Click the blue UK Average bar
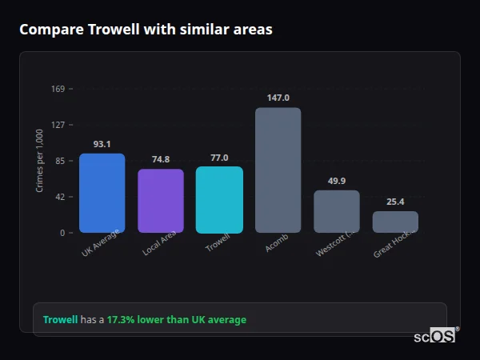pyautogui.click(x=102, y=193)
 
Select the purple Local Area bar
pyautogui.click(x=161, y=201)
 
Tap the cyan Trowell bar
pyautogui.click(x=219, y=199)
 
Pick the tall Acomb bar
pyautogui.click(x=278, y=170)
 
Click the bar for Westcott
pyautogui.click(x=336, y=211)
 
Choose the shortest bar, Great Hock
pyautogui.click(x=395, y=222)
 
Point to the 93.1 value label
pyautogui.click(x=102, y=144)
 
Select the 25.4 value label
pyautogui.click(x=395, y=202)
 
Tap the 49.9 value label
pyautogui.click(x=336, y=181)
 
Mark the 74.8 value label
pyautogui.click(x=161, y=159)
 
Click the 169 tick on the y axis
pyautogui.click(x=58, y=89)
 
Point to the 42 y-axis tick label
pyautogui.click(x=60, y=197)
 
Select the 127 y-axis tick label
pyautogui.click(x=58, y=125)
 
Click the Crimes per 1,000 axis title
pyautogui.click(x=40, y=161)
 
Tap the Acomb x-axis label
pyautogui.click(x=277, y=243)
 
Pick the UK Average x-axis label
pyautogui.click(x=100, y=244)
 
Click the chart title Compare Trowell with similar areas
pyautogui.click(x=146, y=30)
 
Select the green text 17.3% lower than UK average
pyautogui.click(x=176, y=320)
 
